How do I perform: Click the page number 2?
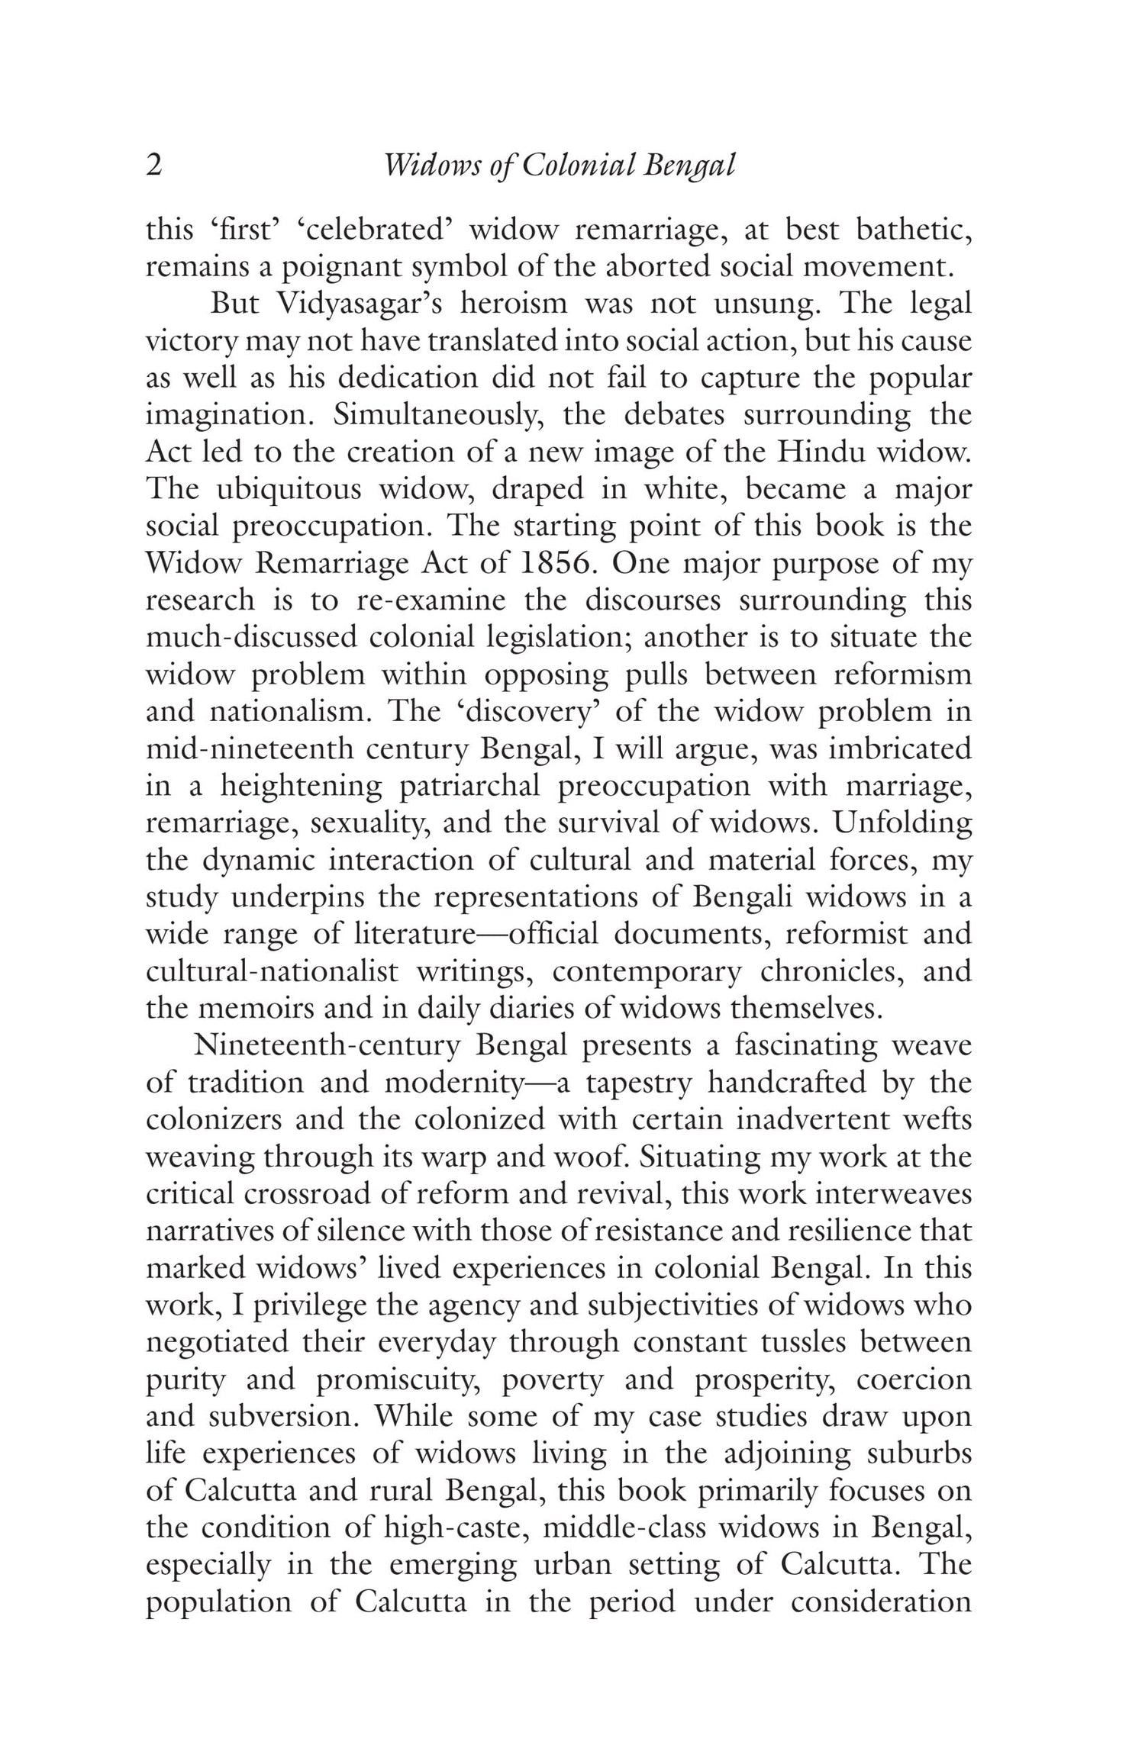click(x=153, y=166)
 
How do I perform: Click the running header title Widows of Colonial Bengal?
click(x=559, y=166)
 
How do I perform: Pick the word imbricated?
click(x=900, y=748)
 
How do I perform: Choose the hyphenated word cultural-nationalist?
click(x=273, y=971)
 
